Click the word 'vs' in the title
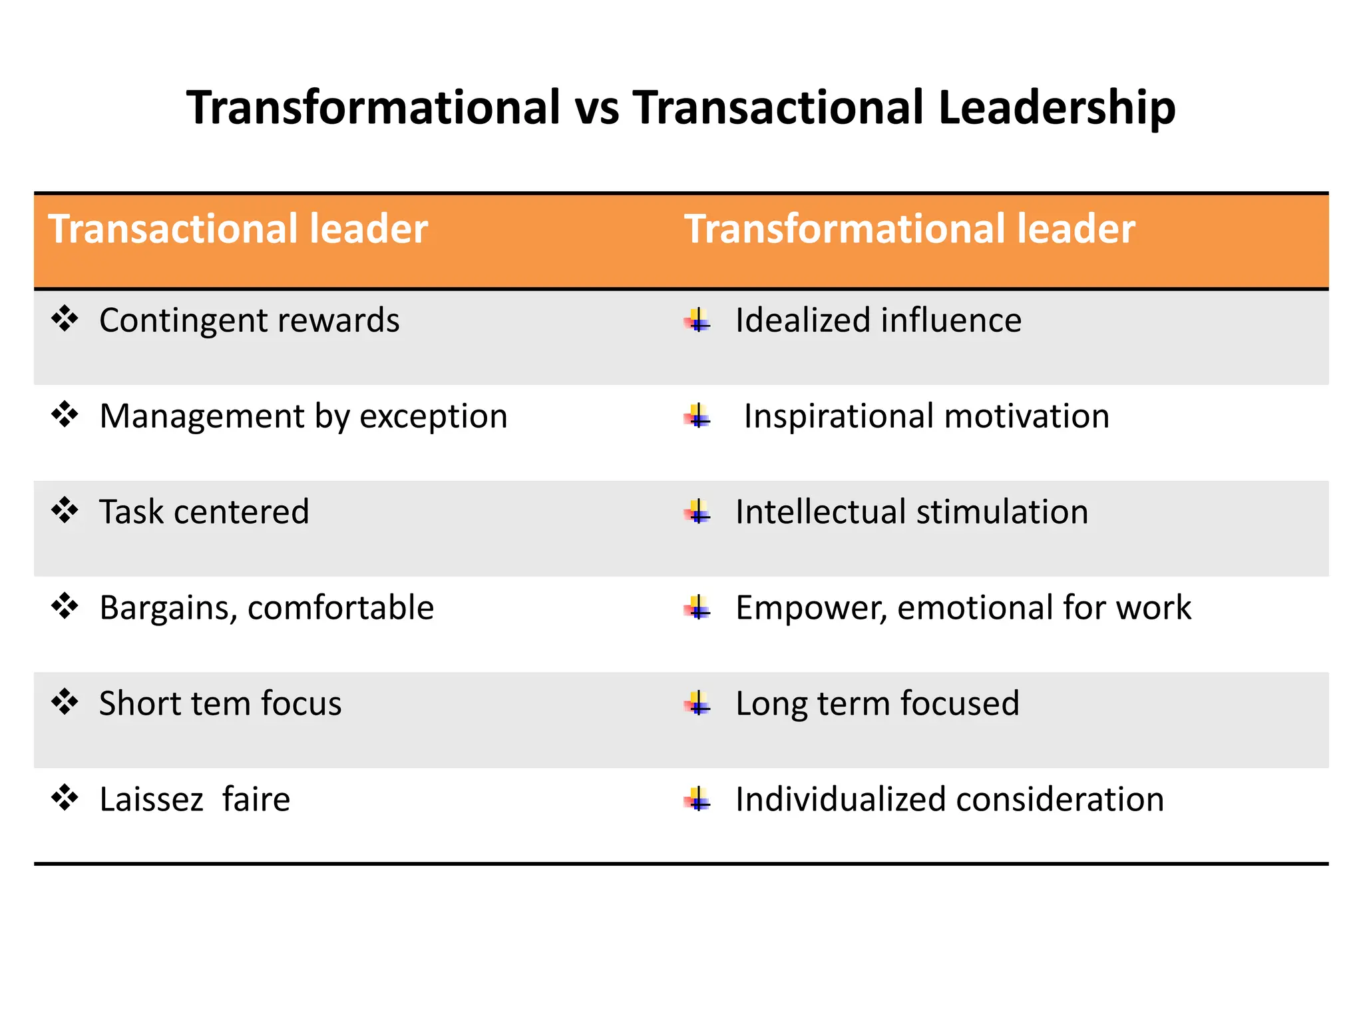[597, 108]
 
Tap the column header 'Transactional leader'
[238, 229]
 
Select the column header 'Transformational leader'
[909, 229]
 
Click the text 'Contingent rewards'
[249, 320]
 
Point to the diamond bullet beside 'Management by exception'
[65, 415]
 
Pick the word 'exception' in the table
[433, 417]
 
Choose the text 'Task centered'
[204, 512]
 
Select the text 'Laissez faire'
[194, 799]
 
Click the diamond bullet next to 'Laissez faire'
[65, 798]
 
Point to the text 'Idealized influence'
[878, 320]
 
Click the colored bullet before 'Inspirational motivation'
[697, 417]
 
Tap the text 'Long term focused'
[876, 704]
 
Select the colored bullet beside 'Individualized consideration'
[697, 799]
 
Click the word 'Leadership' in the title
[1056, 108]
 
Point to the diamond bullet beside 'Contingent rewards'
[65, 319]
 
